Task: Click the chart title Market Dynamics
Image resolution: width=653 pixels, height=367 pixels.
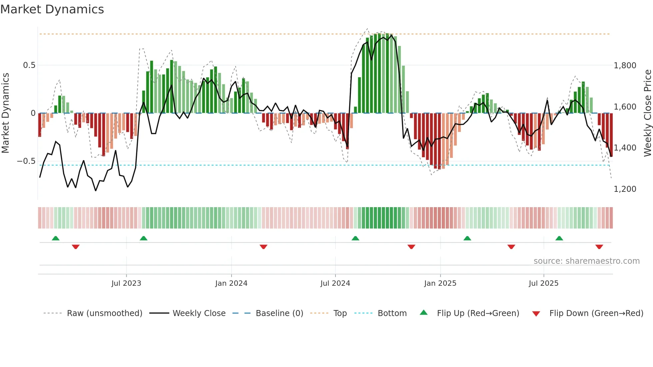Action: (52, 9)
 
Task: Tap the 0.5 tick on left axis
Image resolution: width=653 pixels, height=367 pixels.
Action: (29, 65)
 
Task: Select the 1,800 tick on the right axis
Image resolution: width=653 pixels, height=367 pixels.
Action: (625, 66)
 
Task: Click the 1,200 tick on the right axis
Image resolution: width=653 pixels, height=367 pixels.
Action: (625, 189)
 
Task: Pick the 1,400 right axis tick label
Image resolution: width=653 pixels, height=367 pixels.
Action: (625, 148)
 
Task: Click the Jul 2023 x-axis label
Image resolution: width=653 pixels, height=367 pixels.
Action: (126, 283)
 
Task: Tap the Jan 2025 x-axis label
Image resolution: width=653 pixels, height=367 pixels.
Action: (440, 283)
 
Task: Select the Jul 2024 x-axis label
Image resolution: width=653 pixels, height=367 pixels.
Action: (335, 283)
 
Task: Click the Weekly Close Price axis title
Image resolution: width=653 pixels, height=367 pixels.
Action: (647, 113)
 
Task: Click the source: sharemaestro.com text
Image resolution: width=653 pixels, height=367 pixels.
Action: (586, 261)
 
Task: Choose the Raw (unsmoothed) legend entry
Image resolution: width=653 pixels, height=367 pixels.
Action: (104, 313)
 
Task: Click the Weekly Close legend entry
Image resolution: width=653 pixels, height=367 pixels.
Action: (199, 313)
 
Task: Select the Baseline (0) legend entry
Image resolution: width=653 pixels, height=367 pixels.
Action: (279, 313)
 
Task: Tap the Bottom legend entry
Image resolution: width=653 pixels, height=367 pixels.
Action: (392, 313)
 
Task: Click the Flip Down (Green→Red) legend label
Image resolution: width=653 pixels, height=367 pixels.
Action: (596, 313)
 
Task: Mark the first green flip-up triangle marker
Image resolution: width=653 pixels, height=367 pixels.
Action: (56, 238)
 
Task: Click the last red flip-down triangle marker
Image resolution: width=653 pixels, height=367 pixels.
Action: (599, 247)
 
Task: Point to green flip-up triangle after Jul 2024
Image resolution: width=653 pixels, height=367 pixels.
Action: (355, 238)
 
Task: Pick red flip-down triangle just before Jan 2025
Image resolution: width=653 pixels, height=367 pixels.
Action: (411, 247)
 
